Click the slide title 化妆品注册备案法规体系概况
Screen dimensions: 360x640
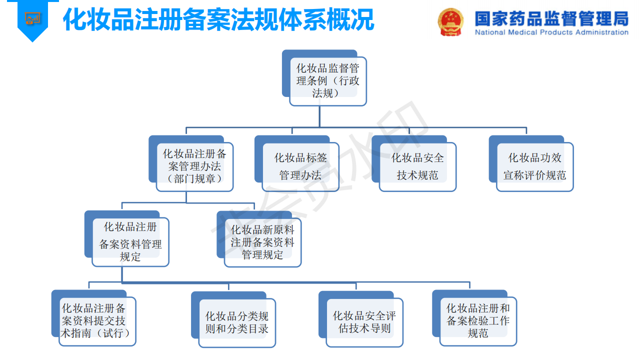pos(218,20)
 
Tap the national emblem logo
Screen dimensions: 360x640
pos(450,21)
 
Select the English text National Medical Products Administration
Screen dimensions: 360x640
pos(551,32)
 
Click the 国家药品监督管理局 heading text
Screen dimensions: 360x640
pos(551,18)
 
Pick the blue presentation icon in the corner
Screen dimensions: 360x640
pos(33,19)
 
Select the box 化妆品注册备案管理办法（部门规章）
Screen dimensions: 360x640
pos(194,166)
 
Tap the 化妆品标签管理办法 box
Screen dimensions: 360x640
pos(300,166)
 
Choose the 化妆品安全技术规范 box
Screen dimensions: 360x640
pos(417,166)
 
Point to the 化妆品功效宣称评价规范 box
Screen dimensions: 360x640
pos(534,166)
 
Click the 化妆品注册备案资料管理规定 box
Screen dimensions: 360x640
pos(130,242)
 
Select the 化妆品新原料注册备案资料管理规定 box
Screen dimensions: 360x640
pos(262,242)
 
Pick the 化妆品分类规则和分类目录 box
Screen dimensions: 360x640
pos(237,322)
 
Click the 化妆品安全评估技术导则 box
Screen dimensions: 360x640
pos(364,322)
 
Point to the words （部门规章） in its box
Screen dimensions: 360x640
pos(194,179)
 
